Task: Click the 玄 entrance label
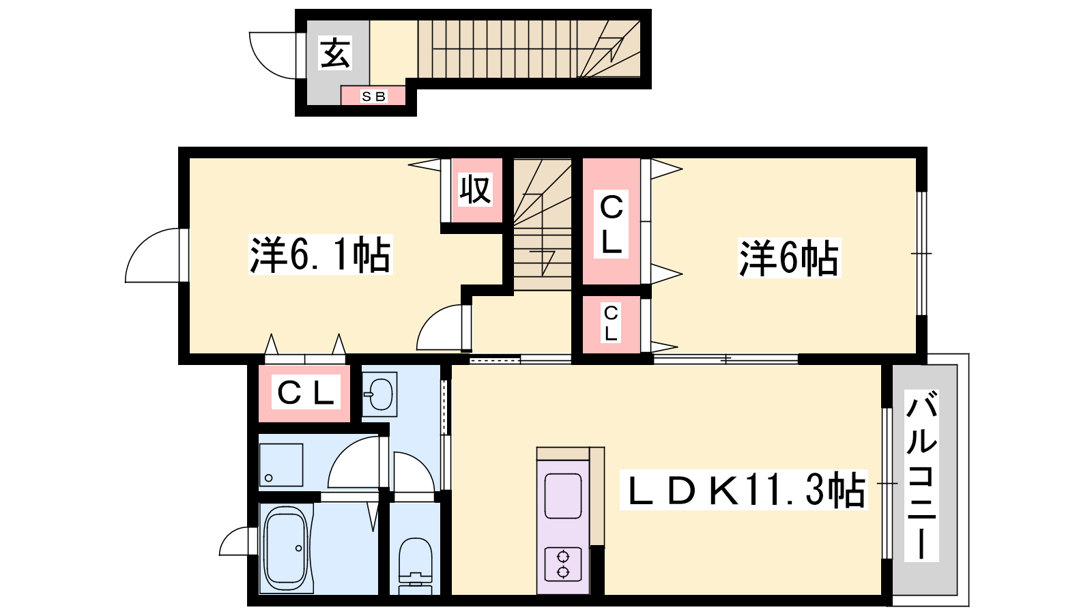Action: tap(335, 54)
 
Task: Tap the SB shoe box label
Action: tap(373, 96)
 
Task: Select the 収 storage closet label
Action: tap(475, 190)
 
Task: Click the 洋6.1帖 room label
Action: tap(320, 255)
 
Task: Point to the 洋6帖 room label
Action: tap(789, 258)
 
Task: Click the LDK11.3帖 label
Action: tap(743, 490)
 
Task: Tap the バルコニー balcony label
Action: tap(921, 476)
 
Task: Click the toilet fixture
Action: tap(416, 566)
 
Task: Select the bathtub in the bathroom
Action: tap(286, 549)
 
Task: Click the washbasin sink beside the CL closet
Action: tap(379, 394)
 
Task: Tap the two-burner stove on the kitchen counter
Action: tap(562, 564)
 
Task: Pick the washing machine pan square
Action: tap(281, 465)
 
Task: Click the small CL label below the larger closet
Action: tap(611, 323)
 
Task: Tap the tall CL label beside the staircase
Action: tap(611, 224)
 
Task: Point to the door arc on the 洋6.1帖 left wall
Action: tap(141, 244)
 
